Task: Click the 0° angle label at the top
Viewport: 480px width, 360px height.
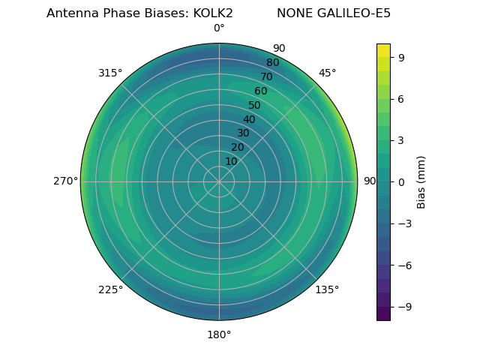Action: (x=219, y=28)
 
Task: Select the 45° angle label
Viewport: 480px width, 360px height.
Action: (x=327, y=73)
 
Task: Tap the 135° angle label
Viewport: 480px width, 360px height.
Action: (x=327, y=289)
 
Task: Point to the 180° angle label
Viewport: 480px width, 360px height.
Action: (x=219, y=334)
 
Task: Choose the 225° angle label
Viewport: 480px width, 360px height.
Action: (x=110, y=289)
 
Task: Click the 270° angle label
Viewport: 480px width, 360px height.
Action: (x=65, y=181)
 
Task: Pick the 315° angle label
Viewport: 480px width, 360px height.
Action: (x=110, y=73)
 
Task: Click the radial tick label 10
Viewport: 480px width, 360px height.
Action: (x=231, y=161)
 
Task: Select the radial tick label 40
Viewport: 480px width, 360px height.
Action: (x=249, y=119)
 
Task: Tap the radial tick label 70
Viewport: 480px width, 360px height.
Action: (x=266, y=76)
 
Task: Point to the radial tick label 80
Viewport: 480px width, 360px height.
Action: (x=272, y=63)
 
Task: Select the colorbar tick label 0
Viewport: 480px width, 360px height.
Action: (x=401, y=181)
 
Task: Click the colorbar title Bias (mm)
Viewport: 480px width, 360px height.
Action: (x=421, y=181)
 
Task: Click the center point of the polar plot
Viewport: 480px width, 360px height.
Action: (x=219, y=181)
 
